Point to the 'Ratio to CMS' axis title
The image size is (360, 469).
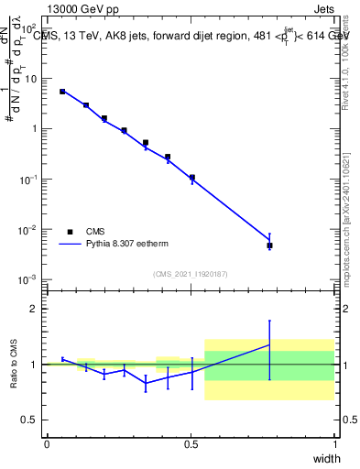(14, 364)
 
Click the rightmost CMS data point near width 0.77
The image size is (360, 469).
(269, 245)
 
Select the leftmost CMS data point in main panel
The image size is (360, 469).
(62, 92)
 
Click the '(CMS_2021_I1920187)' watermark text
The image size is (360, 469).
(190, 273)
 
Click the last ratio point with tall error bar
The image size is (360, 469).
(269, 344)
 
